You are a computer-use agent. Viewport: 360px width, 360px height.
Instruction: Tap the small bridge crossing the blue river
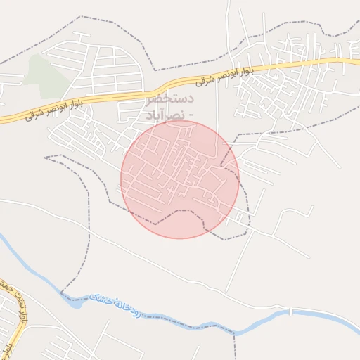tap(290, 311)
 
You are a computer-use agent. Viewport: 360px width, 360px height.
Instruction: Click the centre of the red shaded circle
tap(180, 179)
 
